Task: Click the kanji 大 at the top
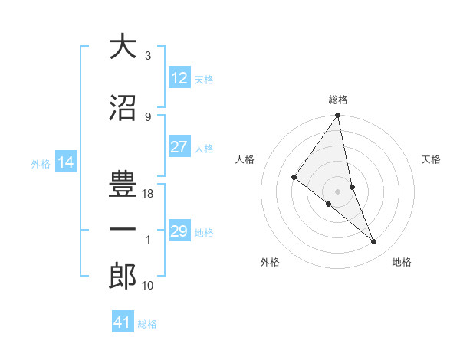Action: (x=123, y=47)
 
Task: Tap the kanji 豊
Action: (x=123, y=184)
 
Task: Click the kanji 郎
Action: (x=123, y=277)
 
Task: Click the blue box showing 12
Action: (x=179, y=79)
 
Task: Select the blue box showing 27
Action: (x=179, y=148)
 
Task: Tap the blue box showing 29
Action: (x=179, y=232)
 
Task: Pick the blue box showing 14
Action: (x=66, y=163)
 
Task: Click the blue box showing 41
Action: (x=123, y=322)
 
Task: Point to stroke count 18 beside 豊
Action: (x=149, y=194)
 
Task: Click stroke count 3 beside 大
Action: (x=148, y=56)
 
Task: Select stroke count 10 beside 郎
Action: (x=149, y=286)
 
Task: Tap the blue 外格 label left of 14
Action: (x=41, y=164)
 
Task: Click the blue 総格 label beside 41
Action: (x=147, y=324)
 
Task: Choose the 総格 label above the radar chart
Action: (x=338, y=100)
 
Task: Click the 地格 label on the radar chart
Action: (x=402, y=262)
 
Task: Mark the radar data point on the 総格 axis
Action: (x=338, y=116)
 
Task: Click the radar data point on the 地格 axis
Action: (x=374, y=242)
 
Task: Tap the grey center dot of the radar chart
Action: (x=338, y=191)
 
